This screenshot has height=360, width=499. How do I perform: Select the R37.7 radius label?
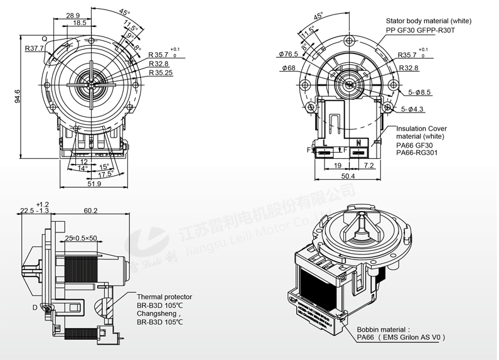(x=34, y=48)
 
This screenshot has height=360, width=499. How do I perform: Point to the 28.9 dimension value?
(x=73, y=15)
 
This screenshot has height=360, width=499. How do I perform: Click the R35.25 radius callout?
(x=161, y=73)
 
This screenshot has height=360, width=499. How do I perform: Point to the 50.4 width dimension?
(x=347, y=177)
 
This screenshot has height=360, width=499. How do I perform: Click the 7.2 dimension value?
(x=368, y=165)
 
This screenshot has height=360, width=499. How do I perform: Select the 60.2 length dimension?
(x=90, y=211)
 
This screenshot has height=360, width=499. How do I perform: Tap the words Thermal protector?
(x=164, y=297)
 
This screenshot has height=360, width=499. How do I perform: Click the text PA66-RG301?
(x=417, y=152)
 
